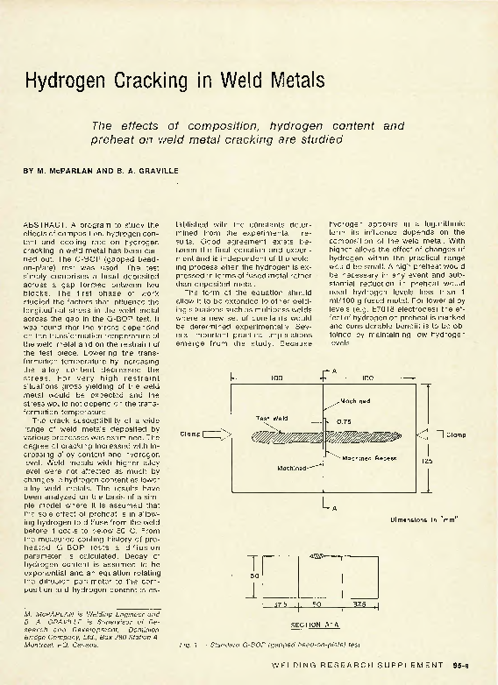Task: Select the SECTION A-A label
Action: tap(309, 625)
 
